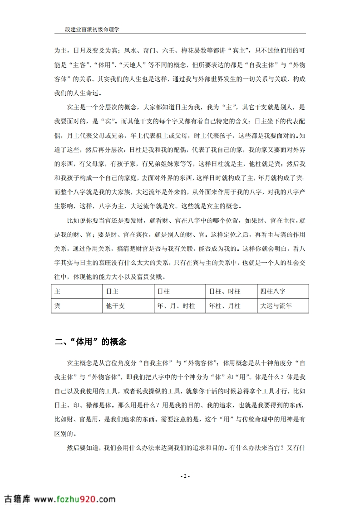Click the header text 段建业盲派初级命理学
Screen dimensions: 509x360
[92, 29]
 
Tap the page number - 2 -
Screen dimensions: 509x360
[185, 476]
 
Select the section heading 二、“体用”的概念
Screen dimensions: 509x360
[90, 342]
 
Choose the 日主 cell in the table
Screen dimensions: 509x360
[112, 291]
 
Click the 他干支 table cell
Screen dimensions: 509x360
[115, 306]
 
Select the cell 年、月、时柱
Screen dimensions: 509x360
[176, 306]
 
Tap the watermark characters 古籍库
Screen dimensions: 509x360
[17, 499]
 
